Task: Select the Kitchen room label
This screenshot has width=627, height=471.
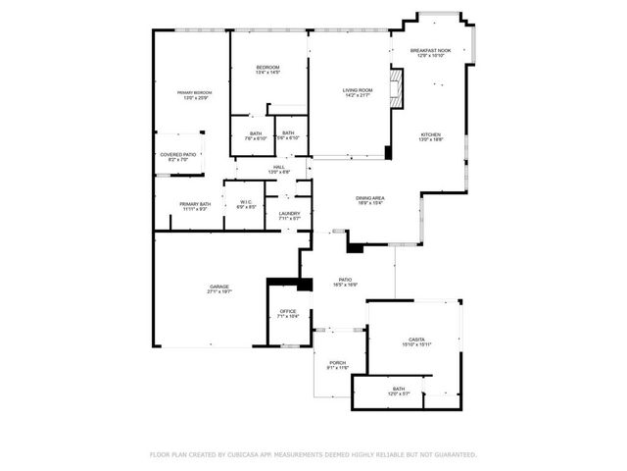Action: [431, 134]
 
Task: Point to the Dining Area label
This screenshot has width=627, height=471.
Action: [369, 198]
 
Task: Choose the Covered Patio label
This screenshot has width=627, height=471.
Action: [178, 154]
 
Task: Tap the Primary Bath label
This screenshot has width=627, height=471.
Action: [192, 203]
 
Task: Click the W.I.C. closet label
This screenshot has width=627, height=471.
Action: [247, 202]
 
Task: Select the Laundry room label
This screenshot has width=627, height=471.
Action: [289, 213]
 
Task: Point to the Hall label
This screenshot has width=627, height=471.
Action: [279, 168]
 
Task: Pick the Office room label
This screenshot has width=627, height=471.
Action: [287, 311]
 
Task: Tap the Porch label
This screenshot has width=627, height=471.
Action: [338, 362]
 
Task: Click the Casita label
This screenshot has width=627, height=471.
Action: [416, 340]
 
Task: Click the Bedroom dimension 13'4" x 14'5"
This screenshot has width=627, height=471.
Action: [267, 73]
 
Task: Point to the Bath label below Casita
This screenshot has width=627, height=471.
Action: [399, 389]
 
